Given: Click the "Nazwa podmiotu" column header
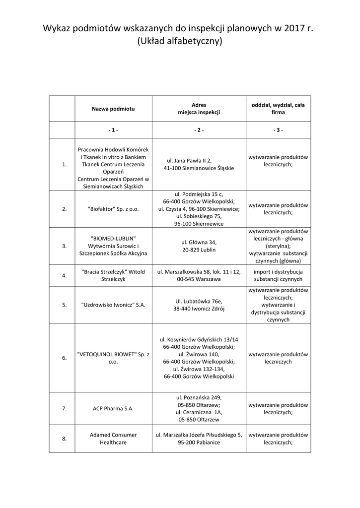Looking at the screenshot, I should [113, 109].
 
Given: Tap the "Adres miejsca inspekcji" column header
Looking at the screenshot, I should [199, 109].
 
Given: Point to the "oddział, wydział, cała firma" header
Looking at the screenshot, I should [278, 109].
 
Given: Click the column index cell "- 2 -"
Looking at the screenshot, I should [199, 130].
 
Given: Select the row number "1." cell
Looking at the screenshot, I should [65, 165].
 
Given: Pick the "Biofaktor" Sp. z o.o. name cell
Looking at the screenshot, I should [113, 209].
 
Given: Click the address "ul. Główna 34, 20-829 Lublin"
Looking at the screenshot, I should [199, 246].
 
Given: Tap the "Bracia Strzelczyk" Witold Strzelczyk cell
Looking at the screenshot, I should [113, 276].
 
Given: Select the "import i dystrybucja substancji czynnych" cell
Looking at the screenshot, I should [278, 276].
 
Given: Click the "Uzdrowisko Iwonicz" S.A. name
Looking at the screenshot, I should [113, 305].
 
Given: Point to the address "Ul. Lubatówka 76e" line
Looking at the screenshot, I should [199, 301].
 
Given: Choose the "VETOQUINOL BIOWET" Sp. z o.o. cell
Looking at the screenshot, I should [113, 358].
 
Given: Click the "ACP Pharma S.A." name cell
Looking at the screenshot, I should [113, 409].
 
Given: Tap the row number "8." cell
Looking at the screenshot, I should [65, 439].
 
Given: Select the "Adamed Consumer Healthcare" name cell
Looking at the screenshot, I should [113, 439].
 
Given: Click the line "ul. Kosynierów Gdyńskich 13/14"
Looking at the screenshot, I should [199, 339].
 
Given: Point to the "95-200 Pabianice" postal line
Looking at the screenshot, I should [199, 443].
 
